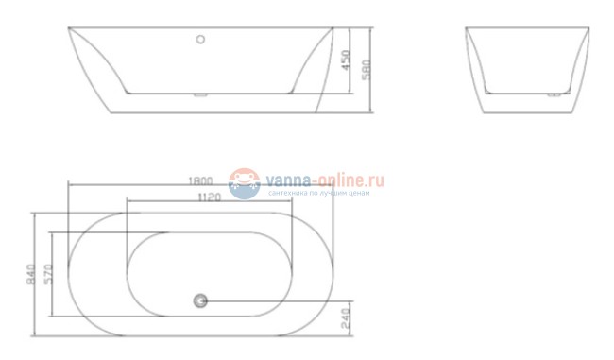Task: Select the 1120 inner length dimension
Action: click(x=209, y=197)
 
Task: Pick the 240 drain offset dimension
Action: click(x=347, y=318)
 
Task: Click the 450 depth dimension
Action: click(x=347, y=60)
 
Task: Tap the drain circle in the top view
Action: click(x=199, y=301)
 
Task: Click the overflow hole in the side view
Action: click(x=199, y=40)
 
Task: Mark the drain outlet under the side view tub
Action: click(x=199, y=94)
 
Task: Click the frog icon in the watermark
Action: click(x=244, y=183)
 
